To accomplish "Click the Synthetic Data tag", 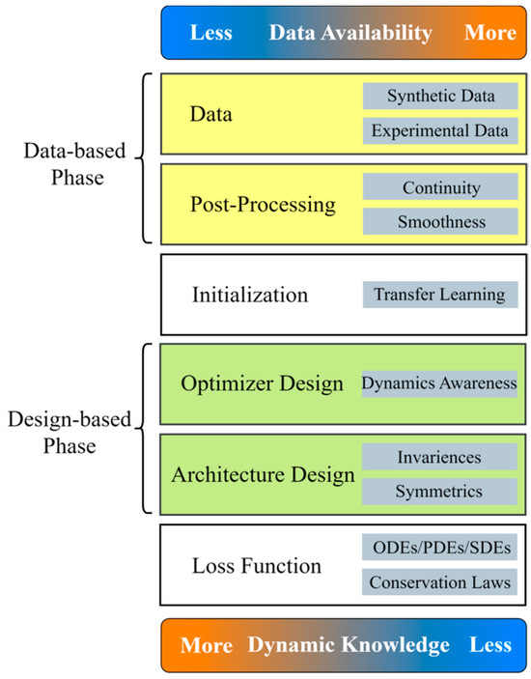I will (x=440, y=97).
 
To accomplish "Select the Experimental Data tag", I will (x=440, y=130).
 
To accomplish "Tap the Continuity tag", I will (x=440, y=187).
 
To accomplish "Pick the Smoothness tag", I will (x=440, y=221).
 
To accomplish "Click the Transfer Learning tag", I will (x=440, y=294).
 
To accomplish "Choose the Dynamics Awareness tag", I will (x=439, y=383).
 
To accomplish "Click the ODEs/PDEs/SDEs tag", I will (x=440, y=549).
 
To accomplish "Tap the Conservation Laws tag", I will (x=440, y=582).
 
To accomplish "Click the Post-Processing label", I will (x=264, y=205).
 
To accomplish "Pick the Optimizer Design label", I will (x=262, y=383).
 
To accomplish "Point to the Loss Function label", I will (x=257, y=565).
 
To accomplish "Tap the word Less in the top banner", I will (x=210, y=32).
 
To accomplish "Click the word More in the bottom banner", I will (x=206, y=645).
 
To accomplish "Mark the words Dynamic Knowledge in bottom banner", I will (x=349, y=645).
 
